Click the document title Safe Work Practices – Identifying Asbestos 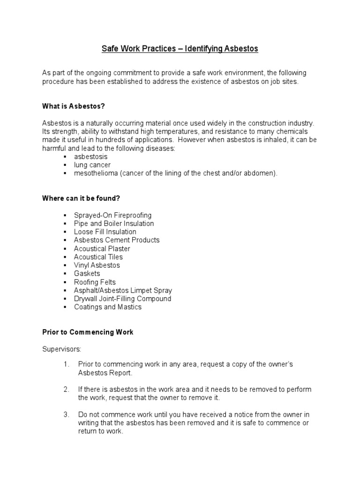[x=180, y=49]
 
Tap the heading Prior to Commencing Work [x=88, y=332]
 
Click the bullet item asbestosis [x=90, y=157]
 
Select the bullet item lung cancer [x=92, y=165]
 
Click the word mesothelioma [x=96, y=173]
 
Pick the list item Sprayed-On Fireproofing [x=112, y=215]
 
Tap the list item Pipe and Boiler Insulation [x=113, y=224]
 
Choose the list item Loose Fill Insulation [x=105, y=232]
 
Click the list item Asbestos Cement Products [x=117, y=240]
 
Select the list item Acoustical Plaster [x=102, y=248]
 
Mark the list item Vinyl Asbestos [x=97, y=265]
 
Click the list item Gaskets [x=87, y=274]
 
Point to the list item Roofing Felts [x=94, y=282]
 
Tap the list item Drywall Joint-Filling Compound [x=122, y=299]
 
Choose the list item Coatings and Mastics [x=107, y=307]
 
